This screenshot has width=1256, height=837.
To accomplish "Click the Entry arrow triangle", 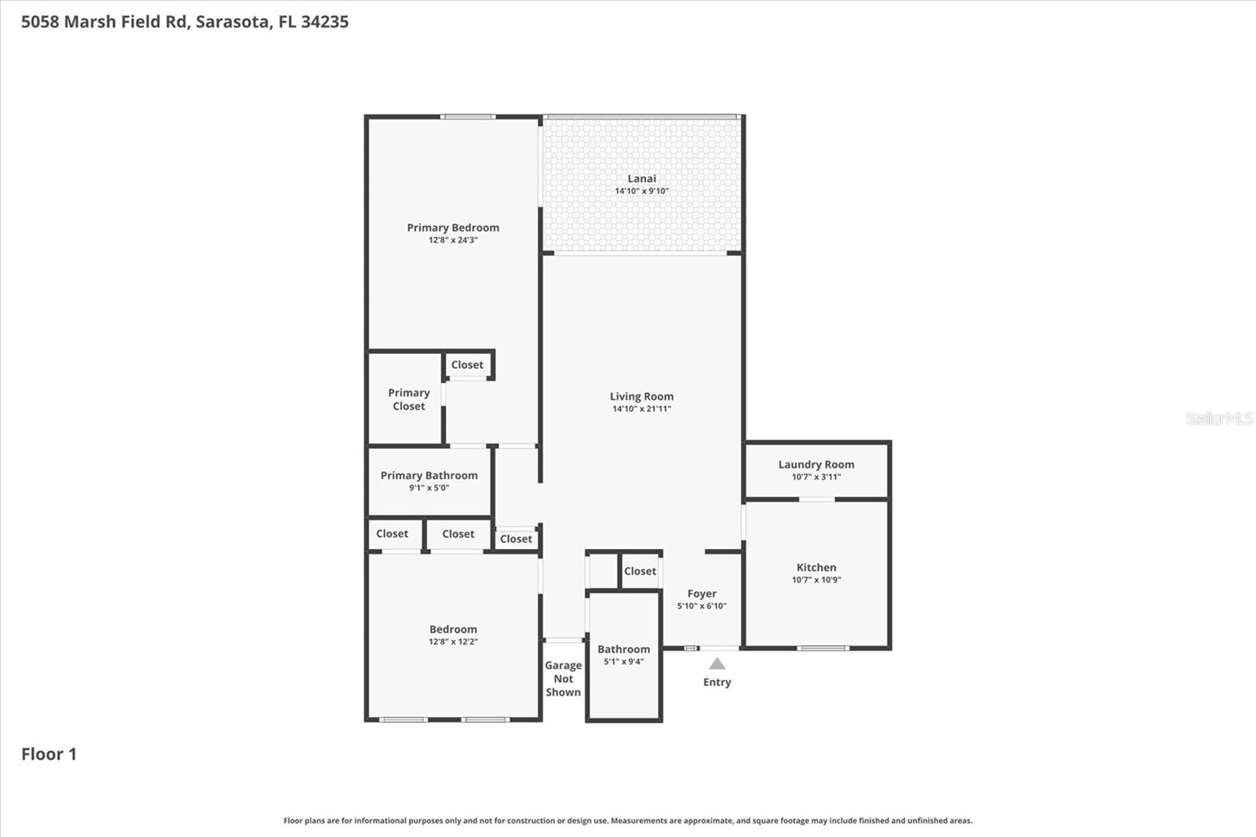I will pyautogui.click(x=717, y=664).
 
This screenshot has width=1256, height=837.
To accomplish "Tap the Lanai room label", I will pyautogui.click(x=641, y=178).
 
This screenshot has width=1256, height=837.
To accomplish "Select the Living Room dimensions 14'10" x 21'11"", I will pyautogui.click(x=641, y=409).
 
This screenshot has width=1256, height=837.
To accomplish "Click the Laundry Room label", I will pyautogui.click(x=816, y=464).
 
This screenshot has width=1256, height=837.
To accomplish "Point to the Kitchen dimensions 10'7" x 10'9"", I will pyautogui.click(x=816, y=580).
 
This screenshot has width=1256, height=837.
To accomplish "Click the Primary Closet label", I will pyautogui.click(x=408, y=399).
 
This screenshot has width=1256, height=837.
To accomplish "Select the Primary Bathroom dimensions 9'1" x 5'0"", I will pyautogui.click(x=429, y=488).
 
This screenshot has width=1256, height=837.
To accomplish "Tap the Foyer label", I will pyautogui.click(x=701, y=594).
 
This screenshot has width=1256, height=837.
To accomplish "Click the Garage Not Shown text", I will pyautogui.click(x=563, y=678).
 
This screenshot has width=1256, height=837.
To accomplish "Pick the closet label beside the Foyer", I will pyautogui.click(x=640, y=571).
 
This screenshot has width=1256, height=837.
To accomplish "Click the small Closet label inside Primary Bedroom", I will pyautogui.click(x=467, y=364).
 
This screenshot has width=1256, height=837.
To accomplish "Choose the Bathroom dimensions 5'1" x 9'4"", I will pyautogui.click(x=623, y=662).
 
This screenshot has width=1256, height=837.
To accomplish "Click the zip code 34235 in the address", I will pyautogui.click(x=324, y=21).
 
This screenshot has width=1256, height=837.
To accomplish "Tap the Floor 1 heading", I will pyautogui.click(x=49, y=754).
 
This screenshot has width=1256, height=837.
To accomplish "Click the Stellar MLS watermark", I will pyautogui.click(x=1218, y=418).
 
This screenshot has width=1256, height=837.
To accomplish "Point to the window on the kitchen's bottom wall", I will pyautogui.click(x=823, y=648).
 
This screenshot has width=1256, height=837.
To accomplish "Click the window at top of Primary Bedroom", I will pyautogui.click(x=467, y=117).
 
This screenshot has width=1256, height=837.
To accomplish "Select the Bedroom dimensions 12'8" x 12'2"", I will pyautogui.click(x=453, y=641).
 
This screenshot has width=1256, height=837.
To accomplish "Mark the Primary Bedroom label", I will pyautogui.click(x=453, y=228).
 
